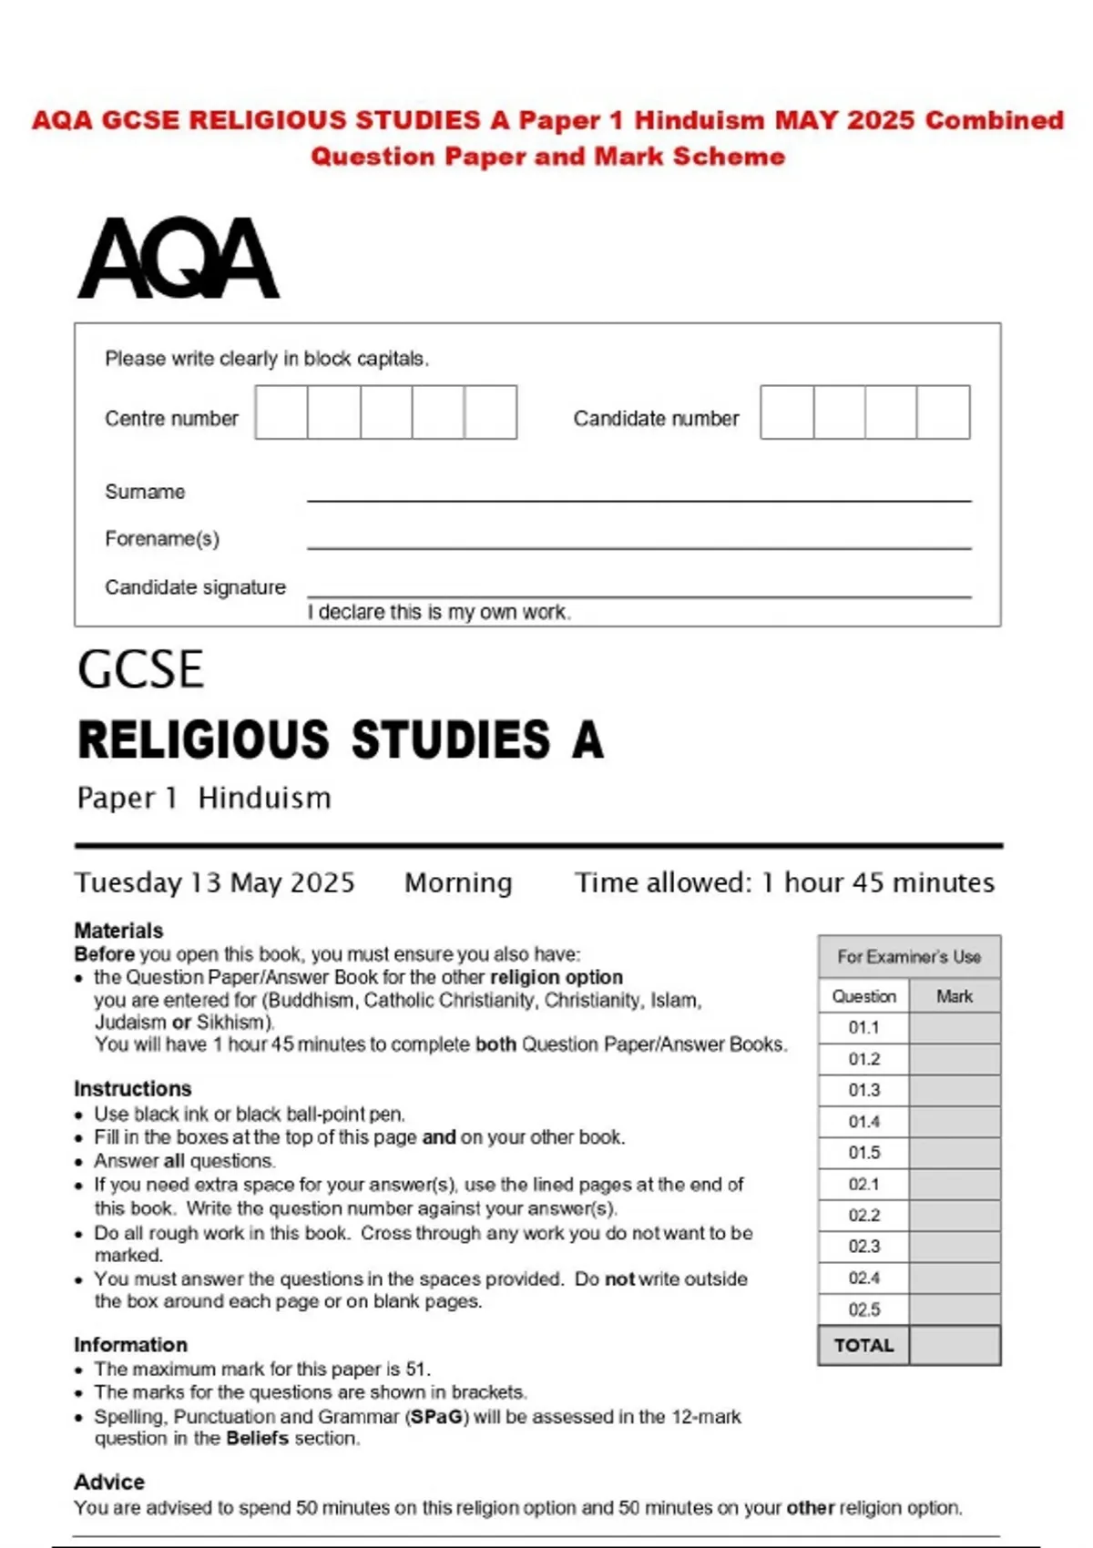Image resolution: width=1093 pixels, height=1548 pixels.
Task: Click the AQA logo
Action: point(179,259)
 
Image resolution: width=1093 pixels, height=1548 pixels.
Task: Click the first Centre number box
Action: point(281,412)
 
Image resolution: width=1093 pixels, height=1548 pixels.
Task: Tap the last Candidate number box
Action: point(944,412)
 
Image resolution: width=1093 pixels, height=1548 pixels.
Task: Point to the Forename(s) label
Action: point(162,539)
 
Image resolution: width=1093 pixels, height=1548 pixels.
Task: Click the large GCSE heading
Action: point(140,670)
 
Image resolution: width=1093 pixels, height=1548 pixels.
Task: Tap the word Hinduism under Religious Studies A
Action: point(264,799)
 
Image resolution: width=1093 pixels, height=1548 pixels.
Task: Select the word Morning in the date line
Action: point(458,882)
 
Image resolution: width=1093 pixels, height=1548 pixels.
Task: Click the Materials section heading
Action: point(118,931)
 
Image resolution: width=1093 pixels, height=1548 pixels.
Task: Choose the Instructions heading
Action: point(133,1089)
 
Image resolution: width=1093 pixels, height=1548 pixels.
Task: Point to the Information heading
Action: point(130,1345)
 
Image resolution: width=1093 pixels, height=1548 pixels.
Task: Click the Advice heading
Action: point(109,1482)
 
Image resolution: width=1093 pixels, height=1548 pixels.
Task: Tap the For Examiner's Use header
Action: point(909,957)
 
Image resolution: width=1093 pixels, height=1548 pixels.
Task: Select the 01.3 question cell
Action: point(863,1090)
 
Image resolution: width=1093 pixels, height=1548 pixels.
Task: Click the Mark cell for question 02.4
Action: point(955,1278)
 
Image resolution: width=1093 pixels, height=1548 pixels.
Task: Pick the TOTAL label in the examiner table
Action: point(863,1346)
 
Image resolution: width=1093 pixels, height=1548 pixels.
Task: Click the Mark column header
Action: point(955,996)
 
